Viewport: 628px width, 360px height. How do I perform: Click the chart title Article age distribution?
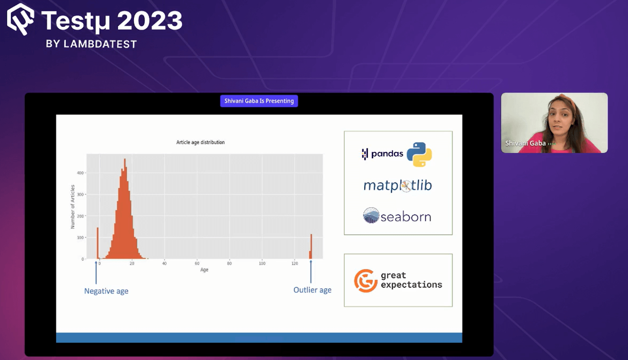[x=201, y=143]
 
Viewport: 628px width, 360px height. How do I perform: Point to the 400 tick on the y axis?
[x=80, y=173]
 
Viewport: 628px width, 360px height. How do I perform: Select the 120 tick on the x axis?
[x=294, y=263]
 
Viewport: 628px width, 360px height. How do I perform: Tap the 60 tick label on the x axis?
[x=197, y=263]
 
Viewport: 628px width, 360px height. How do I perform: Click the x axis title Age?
[x=204, y=270]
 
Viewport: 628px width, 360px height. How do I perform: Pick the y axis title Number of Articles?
[x=73, y=206]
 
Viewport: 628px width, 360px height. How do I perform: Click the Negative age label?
[x=106, y=291]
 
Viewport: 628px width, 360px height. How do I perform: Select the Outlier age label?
[x=312, y=290]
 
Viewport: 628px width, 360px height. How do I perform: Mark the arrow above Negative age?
[x=96, y=272]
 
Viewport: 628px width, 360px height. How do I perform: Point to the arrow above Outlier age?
[x=310, y=272]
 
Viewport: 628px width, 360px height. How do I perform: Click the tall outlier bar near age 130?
[x=311, y=246]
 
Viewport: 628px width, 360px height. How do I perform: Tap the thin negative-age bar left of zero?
[x=98, y=243]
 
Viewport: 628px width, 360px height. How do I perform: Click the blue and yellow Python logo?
[x=419, y=155]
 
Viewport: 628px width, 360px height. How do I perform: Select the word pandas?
[x=387, y=154]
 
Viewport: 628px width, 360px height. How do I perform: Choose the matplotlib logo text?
[x=398, y=186]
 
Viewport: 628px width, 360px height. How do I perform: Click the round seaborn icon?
[x=371, y=215]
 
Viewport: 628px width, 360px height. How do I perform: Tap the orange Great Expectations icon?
[x=365, y=281]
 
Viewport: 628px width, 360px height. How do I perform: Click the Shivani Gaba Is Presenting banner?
[x=259, y=101]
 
